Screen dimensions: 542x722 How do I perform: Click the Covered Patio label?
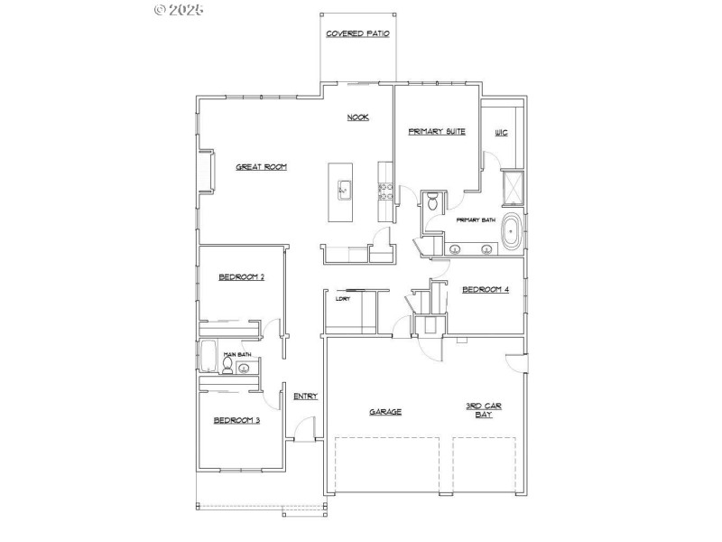tap(357, 34)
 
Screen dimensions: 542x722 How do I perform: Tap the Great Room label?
tap(261, 166)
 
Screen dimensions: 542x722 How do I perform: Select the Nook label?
tap(357, 117)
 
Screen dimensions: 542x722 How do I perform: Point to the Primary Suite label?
tap(437, 132)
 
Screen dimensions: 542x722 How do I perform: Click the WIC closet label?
tap(501, 133)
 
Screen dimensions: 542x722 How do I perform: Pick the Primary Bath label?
tap(476, 220)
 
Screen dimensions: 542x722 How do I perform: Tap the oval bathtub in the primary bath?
tap(512, 232)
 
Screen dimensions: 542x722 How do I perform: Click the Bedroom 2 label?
tap(241, 277)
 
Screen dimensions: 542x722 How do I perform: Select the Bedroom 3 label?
tap(236, 420)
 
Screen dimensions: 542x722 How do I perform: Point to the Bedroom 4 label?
tap(486, 290)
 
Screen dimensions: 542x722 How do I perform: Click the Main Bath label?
tap(236, 355)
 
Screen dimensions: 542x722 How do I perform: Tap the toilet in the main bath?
tap(228, 366)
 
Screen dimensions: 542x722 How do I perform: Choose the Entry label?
tap(306, 396)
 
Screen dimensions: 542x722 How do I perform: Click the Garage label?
tap(385, 412)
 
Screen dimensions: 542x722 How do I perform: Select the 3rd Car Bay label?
tap(478, 410)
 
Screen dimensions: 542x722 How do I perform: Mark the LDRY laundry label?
tap(342, 298)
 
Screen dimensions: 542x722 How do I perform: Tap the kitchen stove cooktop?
tap(383, 192)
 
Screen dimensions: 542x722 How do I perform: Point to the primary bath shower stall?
tap(512, 187)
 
